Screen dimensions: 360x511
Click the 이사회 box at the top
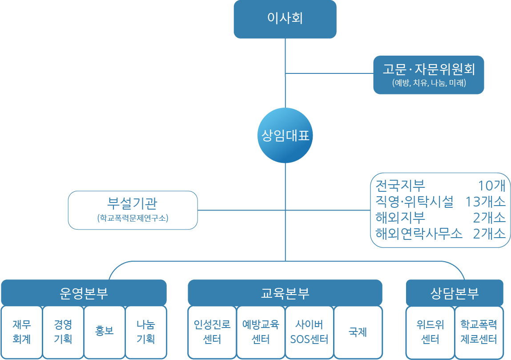285,19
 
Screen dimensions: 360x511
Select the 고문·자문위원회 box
428,75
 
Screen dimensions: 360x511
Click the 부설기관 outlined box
133,210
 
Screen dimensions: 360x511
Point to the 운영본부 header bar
84,293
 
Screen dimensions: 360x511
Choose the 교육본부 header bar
285,293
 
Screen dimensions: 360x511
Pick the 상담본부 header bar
455,293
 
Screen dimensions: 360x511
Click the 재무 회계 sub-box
22,332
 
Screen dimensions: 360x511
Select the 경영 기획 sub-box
63,332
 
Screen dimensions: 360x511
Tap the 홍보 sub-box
105,332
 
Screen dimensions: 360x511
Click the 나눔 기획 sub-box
146,332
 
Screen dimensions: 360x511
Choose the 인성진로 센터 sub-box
212,332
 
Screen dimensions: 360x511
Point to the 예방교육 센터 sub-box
261,332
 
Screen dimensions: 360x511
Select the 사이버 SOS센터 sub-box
309,332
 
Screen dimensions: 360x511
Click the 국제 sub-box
358,332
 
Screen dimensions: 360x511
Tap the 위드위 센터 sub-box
430,332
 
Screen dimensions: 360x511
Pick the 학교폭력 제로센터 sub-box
479,332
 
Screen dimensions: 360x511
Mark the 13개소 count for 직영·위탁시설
485,202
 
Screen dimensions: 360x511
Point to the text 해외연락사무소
419,233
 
